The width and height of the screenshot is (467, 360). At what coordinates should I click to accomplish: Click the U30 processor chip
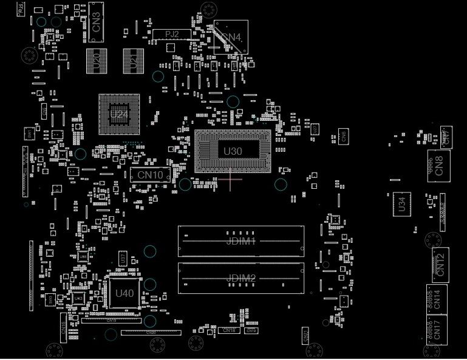pyautogui.click(x=233, y=151)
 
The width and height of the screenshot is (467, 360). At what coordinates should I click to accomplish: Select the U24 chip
pyautogui.click(x=119, y=114)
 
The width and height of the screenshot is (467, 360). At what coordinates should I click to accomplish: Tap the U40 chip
pyautogui.click(x=124, y=293)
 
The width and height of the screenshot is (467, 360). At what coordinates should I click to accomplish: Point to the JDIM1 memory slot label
pyautogui.click(x=241, y=241)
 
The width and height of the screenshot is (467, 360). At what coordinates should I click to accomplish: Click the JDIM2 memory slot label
pyautogui.click(x=241, y=278)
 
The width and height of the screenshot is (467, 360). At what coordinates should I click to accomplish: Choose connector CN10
pyautogui.click(x=150, y=175)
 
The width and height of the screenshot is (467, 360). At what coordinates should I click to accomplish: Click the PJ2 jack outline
pyautogui.click(x=172, y=34)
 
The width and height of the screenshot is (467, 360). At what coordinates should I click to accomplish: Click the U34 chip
pyautogui.click(x=401, y=203)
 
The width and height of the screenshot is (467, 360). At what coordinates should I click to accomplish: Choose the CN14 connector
pyautogui.click(x=437, y=299)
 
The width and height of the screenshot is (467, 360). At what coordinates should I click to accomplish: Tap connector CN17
pyautogui.click(x=437, y=330)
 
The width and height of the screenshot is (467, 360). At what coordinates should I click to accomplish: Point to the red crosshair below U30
pyautogui.click(x=230, y=178)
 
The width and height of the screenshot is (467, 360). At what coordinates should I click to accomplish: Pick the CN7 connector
pyautogui.click(x=446, y=136)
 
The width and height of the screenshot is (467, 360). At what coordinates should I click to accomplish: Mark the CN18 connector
pyautogui.click(x=229, y=330)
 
